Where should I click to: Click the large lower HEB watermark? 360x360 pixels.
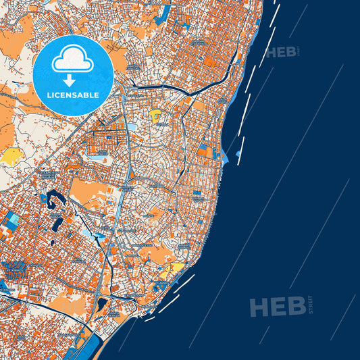277,307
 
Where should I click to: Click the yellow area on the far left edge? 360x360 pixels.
11,157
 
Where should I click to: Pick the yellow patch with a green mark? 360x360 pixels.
156,115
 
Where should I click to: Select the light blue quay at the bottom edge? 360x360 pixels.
88,346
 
